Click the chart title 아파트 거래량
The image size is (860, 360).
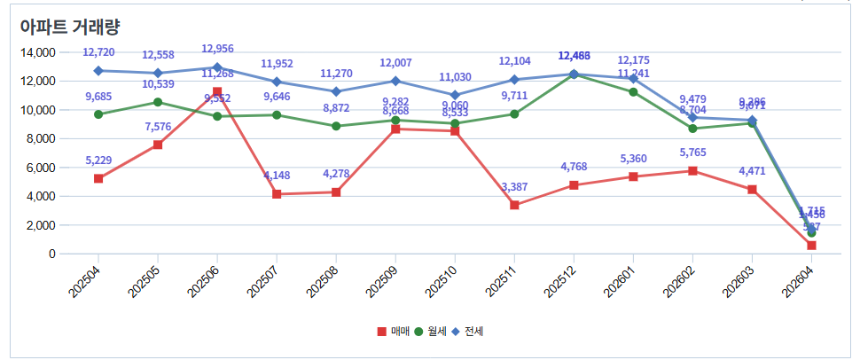click(x=70, y=26)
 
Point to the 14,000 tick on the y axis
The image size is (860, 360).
click(x=36, y=52)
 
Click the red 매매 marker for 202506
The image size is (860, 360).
click(x=217, y=92)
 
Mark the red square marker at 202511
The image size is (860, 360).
click(x=514, y=205)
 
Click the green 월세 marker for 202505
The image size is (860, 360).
click(x=158, y=102)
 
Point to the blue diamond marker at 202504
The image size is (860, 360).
click(x=98, y=71)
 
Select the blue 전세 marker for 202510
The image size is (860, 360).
click(x=455, y=95)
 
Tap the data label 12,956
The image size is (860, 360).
click(x=217, y=49)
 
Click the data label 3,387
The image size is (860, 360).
click(x=514, y=186)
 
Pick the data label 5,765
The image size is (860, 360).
click(x=692, y=152)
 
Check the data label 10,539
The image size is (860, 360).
click(x=158, y=84)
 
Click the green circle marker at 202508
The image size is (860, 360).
click(x=336, y=126)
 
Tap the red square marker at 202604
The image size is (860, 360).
click(x=811, y=246)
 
